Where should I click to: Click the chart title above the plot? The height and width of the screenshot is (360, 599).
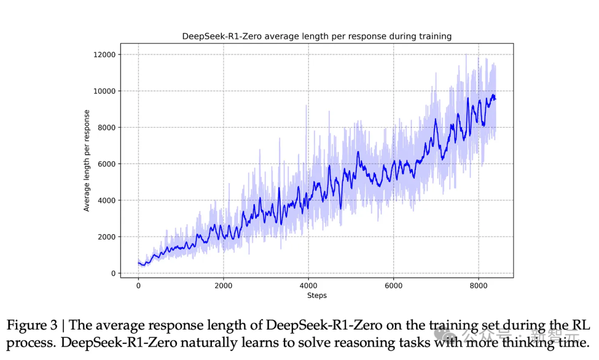click(317, 37)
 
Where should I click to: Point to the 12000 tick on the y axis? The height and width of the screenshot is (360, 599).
click(104, 54)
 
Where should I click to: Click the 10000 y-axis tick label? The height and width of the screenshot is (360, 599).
click(104, 91)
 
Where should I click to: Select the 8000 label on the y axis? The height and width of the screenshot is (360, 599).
click(106, 128)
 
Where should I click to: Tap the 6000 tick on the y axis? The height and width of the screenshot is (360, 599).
click(106, 164)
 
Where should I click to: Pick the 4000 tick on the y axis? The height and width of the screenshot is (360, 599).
click(106, 200)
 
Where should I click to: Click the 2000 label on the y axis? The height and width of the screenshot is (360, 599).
click(106, 237)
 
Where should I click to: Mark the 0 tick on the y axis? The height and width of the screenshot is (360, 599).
click(113, 273)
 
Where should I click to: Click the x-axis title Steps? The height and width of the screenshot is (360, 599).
click(317, 296)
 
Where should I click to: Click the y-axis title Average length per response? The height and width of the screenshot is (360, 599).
click(87, 161)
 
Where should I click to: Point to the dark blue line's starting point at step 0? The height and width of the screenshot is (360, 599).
click(139, 263)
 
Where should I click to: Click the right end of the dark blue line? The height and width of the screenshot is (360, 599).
click(495, 99)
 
